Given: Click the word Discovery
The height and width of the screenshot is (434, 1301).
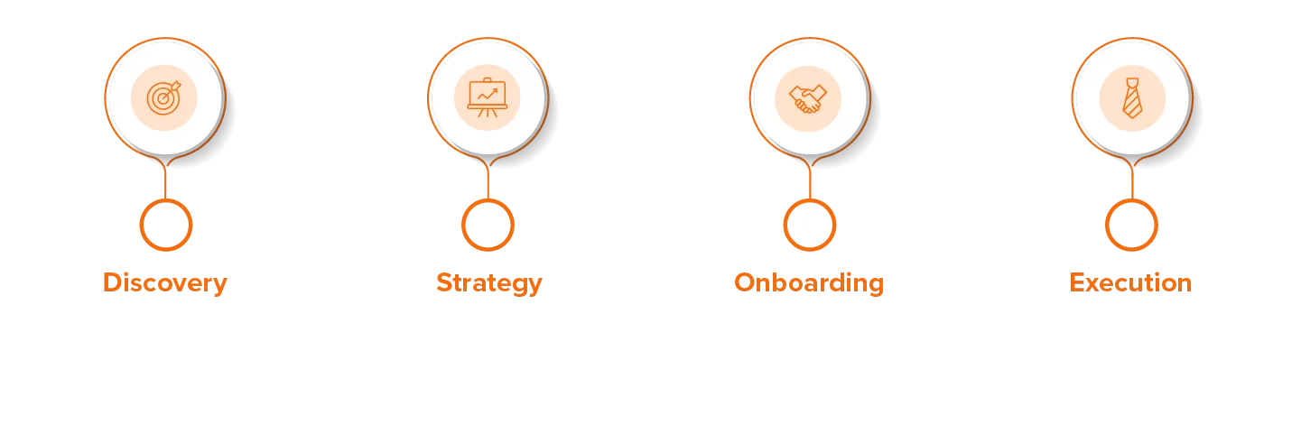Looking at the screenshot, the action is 165,283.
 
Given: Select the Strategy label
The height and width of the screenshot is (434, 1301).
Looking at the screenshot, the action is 489,283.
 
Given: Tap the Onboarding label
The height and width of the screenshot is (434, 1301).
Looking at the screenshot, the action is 809,283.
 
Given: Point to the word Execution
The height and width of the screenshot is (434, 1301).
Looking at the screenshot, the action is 1130,282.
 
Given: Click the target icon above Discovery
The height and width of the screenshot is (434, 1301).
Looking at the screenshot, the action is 163,97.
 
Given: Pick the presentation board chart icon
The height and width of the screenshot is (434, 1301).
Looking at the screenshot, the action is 488,97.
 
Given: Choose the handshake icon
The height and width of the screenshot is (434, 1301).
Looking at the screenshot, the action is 808,98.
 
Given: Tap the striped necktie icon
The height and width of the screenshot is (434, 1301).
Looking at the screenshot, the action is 1132,98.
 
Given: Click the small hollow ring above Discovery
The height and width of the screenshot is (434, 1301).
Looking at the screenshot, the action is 166,226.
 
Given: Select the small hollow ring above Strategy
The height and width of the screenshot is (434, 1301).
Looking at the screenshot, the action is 488,226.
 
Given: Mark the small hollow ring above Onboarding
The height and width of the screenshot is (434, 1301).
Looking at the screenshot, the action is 810,226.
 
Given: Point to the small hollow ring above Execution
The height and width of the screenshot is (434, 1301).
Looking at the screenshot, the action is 1131,226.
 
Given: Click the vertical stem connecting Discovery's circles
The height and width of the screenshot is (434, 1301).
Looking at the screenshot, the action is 165,181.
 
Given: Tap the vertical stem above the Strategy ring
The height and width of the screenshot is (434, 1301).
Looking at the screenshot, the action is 488,181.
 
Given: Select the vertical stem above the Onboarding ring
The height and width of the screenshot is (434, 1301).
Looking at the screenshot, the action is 810,181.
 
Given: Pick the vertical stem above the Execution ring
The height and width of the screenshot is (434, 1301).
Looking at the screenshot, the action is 1132,181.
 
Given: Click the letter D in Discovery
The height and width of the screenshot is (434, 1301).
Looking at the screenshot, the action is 114,282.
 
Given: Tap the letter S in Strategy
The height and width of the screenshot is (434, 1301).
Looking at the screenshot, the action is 445,282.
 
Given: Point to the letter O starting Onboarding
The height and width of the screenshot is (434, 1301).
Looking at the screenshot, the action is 747,282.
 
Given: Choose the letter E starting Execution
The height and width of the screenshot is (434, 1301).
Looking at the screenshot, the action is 1078,282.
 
